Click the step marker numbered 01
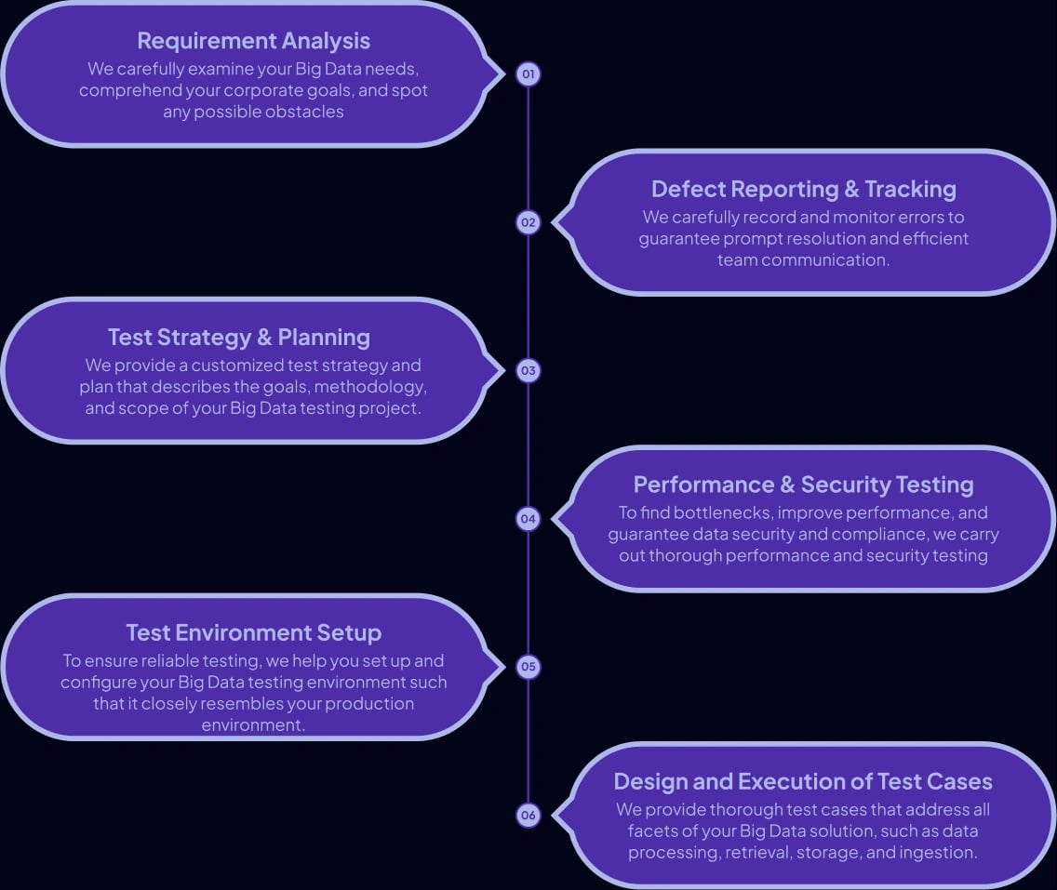point(528,73)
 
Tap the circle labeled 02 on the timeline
point(528,222)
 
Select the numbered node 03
point(528,370)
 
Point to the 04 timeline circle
point(528,518)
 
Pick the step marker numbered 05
point(528,666)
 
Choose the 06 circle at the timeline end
point(528,815)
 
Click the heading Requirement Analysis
point(253,41)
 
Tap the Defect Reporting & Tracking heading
point(803,189)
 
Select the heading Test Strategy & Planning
point(239,337)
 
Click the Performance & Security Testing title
point(803,485)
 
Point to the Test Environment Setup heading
point(253,632)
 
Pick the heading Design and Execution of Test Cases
point(803,781)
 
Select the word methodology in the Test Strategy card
point(373,387)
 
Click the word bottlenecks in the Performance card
point(722,512)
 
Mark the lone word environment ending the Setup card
point(253,724)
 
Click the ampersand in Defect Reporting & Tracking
point(851,189)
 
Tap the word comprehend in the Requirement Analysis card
point(124,90)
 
